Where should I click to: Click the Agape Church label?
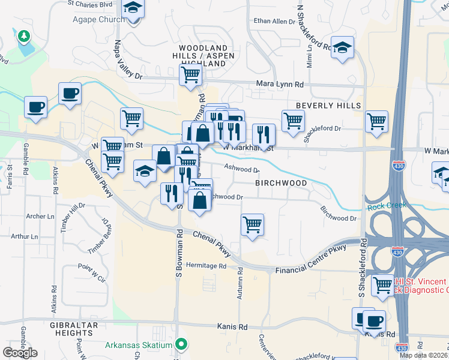[x=99, y=19]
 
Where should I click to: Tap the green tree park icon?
[x=24, y=37]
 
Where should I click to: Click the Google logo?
[x=20, y=352]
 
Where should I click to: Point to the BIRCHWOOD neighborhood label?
[x=281, y=182]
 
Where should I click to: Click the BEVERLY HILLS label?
[x=328, y=106]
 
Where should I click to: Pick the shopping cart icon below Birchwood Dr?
[x=252, y=225]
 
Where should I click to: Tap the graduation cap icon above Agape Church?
[x=133, y=8]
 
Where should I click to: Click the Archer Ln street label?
[x=39, y=216]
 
